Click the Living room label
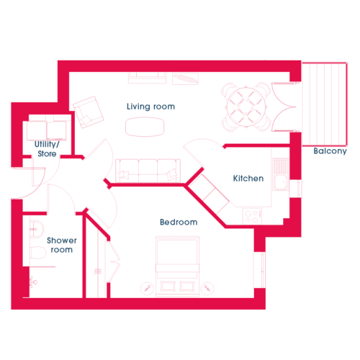coord(150,107)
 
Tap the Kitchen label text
coord(248,179)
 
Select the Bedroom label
coord(179,222)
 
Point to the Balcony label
coord(330,151)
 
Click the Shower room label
coord(62,245)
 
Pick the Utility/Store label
coord(47,149)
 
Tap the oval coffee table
coord(145,127)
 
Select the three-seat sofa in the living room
coord(148,171)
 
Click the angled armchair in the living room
coord(88,112)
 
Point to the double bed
coord(177,266)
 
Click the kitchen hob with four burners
coord(252,216)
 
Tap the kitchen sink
coord(280,174)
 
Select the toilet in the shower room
coord(37,252)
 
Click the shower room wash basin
coord(37,229)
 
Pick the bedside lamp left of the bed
coord(147,288)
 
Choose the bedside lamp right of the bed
coord(207,288)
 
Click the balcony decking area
coord(325,104)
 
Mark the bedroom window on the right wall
coord(260,270)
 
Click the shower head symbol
coord(33,282)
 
